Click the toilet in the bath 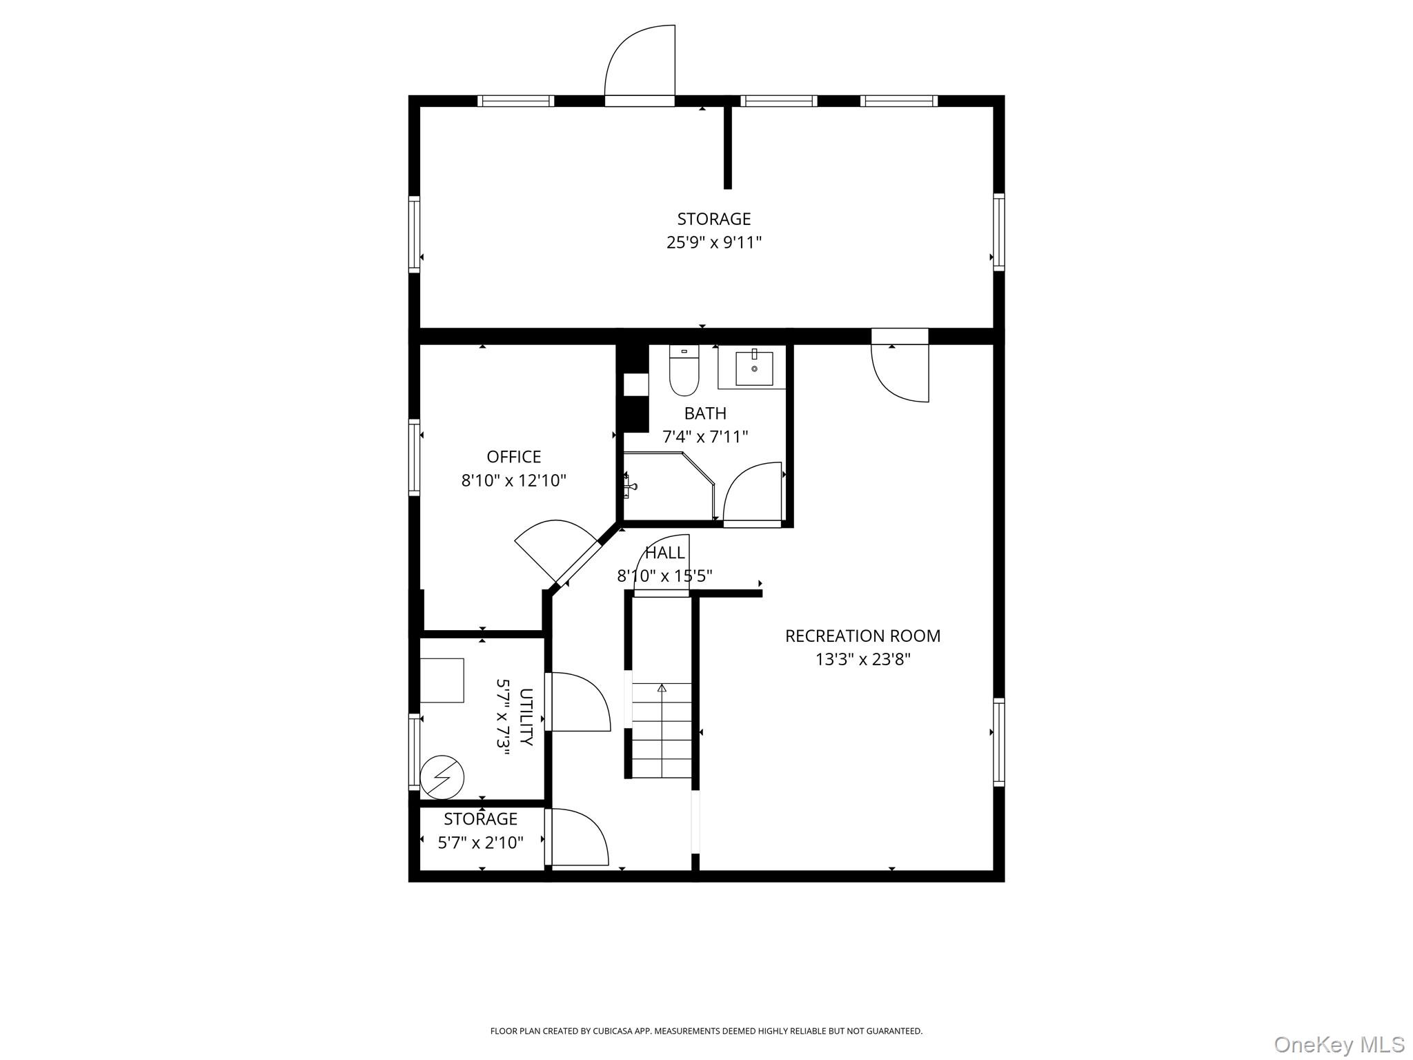point(684,373)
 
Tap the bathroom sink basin point(753,369)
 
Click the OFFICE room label point(513,457)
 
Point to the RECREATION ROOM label point(862,636)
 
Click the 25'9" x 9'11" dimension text point(713,242)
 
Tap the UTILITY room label point(526,717)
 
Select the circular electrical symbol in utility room point(442,778)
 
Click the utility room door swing point(578,702)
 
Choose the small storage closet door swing point(577,837)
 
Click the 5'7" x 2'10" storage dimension point(480,843)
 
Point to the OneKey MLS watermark point(1338,1044)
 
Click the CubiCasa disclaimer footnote point(706,1031)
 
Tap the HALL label point(664,553)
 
